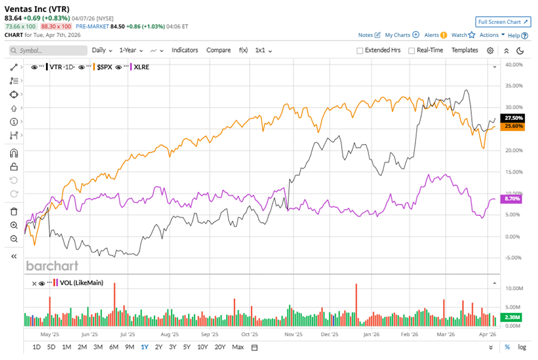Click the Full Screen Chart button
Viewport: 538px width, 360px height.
tap(503, 22)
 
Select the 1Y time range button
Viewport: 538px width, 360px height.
tap(145, 347)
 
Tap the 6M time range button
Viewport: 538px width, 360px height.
tap(113, 347)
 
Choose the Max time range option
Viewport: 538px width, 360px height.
tap(238, 347)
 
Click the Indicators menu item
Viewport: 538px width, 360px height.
tap(185, 50)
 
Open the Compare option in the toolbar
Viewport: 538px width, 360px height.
tap(218, 50)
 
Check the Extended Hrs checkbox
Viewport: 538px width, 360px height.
tap(360, 51)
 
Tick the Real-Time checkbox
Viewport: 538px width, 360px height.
tap(412, 51)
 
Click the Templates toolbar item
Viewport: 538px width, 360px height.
tap(465, 50)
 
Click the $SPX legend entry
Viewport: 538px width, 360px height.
tap(106, 67)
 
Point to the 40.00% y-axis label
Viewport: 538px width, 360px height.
tap(514, 64)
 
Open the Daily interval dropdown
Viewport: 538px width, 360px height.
tap(102, 50)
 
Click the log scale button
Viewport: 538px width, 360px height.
tap(522, 347)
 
